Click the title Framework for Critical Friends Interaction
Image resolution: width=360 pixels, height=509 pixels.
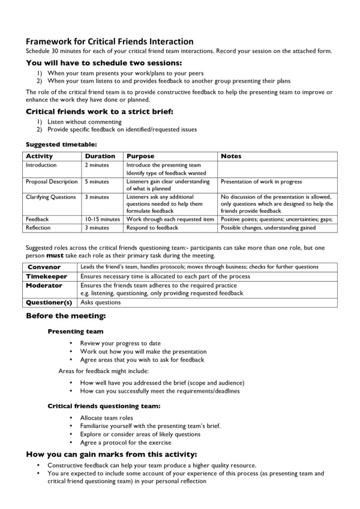click(109, 41)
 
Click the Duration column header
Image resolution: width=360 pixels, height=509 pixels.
click(100, 156)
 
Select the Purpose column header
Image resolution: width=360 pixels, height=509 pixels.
click(140, 156)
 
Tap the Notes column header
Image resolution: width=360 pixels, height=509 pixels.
click(232, 156)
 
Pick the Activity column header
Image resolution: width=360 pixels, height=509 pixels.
click(40, 156)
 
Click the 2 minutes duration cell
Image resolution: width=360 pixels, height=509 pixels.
click(97, 165)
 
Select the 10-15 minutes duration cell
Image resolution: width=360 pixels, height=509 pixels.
click(103, 219)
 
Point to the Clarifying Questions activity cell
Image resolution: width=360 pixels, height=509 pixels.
click(51, 197)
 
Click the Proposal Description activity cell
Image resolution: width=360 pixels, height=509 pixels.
click(52, 182)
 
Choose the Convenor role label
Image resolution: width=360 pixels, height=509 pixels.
click(44, 267)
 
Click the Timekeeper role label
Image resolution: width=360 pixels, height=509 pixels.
click(47, 276)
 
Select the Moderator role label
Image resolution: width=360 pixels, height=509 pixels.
click(44, 285)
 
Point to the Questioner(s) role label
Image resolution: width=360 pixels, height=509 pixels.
click(49, 302)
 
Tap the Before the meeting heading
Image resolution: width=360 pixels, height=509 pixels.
click(65, 316)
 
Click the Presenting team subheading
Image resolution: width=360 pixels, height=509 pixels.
click(75, 331)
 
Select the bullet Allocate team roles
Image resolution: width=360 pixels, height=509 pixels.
click(107, 418)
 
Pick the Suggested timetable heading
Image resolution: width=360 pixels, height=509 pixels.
click(61, 144)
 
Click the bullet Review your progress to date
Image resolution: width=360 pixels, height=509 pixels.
click(120, 344)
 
